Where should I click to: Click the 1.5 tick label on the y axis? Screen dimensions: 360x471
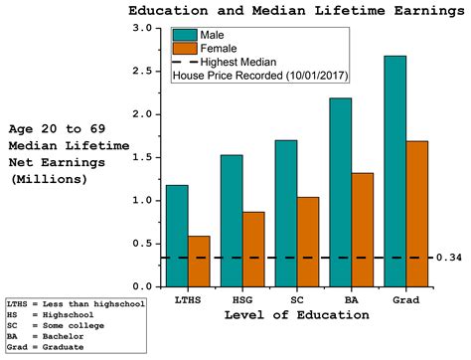pyautogui.click(x=140, y=157)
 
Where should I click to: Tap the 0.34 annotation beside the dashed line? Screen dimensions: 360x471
pyautogui.click(x=448, y=258)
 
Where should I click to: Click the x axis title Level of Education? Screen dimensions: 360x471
pyautogui.click(x=296, y=315)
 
